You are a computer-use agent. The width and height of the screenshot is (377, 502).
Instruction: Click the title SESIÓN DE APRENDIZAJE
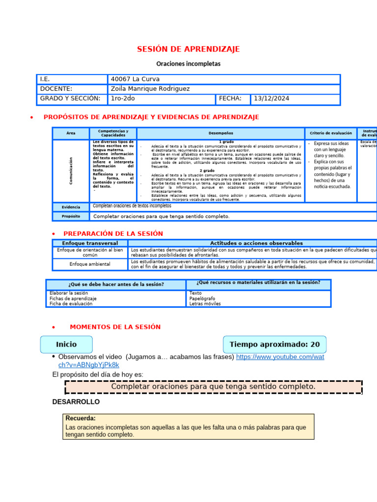(x=188, y=49)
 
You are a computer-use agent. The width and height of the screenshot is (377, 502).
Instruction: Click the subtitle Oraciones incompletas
(x=188, y=64)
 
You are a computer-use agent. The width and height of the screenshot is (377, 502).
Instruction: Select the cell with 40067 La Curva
(x=135, y=79)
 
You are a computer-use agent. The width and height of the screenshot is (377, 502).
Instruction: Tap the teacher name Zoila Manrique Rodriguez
(x=150, y=89)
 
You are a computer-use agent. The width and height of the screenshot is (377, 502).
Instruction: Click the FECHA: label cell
(x=230, y=99)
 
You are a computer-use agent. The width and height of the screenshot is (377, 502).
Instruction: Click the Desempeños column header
(x=221, y=133)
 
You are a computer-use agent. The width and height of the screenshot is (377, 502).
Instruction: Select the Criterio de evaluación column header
(x=330, y=133)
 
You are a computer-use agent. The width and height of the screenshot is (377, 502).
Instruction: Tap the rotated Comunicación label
(x=71, y=171)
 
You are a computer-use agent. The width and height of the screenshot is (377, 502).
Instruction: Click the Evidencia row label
(x=71, y=207)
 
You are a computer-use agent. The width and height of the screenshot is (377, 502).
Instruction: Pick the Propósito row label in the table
(x=71, y=216)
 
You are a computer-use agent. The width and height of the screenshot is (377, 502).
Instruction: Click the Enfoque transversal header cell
(x=90, y=243)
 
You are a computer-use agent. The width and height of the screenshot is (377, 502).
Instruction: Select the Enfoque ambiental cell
(x=90, y=264)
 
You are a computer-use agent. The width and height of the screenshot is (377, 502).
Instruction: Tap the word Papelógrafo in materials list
(x=202, y=299)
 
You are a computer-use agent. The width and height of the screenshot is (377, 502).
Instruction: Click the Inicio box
(x=66, y=345)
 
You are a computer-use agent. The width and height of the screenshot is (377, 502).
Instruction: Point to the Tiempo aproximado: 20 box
(x=274, y=345)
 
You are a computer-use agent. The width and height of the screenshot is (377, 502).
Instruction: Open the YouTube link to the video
(x=280, y=357)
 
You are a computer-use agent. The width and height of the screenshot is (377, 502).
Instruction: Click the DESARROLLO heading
(x=76, y=402)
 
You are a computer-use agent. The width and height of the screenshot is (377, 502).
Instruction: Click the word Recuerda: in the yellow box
(x=81, y=419)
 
